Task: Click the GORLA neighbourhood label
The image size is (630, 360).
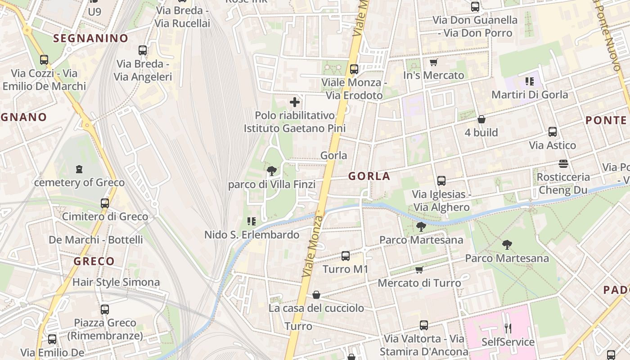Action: [x=369, y=176]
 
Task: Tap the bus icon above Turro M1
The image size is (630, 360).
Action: [x=346, y=256]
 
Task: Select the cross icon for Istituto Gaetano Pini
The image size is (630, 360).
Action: [x=295, y=102]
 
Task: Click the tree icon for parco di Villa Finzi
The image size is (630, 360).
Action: [x=271, y=171]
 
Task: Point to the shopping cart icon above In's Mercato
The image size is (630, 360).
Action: [x=433, y=62]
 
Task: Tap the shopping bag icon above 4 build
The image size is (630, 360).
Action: [x=481, y=119]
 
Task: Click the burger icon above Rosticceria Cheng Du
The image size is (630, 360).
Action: [x=563, y=163]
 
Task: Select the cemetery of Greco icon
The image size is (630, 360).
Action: [x=80, y=169]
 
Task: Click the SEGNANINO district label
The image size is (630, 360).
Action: [x=91, y=39]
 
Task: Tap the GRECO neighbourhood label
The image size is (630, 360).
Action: [x=94, y=261]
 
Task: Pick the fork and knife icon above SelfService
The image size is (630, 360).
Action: [x=508, y=328]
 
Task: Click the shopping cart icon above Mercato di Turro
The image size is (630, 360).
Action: [x=419, y=270]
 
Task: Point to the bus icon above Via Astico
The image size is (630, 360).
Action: [x=553, y=132]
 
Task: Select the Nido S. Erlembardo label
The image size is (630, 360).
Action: [x=252, y=235]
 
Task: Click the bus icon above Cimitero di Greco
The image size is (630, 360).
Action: [x=105, y=203]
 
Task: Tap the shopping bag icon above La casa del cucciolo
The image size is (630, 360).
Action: [x=316, y=295]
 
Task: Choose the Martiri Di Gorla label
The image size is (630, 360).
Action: [x=530, y=94]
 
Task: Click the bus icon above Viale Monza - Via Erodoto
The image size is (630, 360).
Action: [x=354, y=69]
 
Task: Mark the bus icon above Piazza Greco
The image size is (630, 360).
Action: [x=105, y=309]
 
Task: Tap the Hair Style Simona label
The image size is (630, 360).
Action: [x=116, y=283]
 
